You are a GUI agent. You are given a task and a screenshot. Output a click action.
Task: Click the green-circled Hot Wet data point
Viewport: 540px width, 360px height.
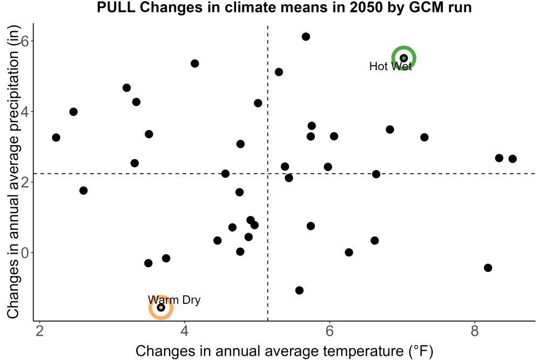tap(404, 58)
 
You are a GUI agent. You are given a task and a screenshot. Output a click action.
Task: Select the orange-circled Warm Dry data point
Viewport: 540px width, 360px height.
tap(161, 307)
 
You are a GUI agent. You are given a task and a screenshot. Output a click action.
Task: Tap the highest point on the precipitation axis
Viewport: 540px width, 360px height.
tap(306, 37)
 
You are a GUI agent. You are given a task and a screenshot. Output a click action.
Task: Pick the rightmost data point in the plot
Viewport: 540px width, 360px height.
tap(512, 159)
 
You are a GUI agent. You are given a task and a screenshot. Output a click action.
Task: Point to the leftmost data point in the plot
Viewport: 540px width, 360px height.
tap(56, 137)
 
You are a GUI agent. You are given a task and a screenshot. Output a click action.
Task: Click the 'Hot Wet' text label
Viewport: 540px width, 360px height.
tap(390, 66)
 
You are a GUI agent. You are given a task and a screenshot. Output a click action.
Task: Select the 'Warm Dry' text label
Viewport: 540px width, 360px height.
tap(174, 300)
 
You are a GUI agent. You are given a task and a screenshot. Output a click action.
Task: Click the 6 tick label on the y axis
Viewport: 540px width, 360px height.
tap(25, 41)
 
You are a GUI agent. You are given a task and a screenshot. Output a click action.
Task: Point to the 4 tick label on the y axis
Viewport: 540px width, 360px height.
tap(25, 112)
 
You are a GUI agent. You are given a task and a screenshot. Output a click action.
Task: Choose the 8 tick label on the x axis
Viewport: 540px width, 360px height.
tap(475, 331)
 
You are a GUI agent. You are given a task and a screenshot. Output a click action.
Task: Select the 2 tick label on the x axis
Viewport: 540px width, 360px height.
tap(39, 331)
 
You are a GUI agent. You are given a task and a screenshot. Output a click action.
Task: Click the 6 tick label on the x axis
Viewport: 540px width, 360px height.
tap(329, 331)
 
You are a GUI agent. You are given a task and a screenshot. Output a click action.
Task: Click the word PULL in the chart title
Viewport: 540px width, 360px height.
tap(116, 7)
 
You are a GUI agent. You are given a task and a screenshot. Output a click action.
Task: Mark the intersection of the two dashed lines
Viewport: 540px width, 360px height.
tap(268, 173)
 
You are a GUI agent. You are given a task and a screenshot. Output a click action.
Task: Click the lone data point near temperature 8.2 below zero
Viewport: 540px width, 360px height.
tap(488, 268)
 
